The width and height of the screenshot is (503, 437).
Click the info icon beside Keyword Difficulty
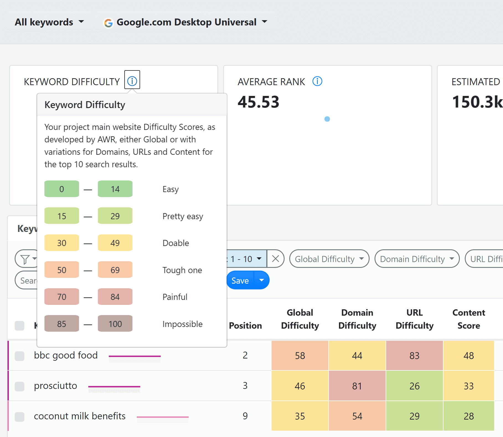coord(132,81)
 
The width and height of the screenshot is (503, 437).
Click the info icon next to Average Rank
coord(317,81)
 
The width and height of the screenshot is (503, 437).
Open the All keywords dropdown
coord(49,22)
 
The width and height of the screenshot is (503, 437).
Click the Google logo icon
coord(108,23)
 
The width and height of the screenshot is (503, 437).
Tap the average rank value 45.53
coord(258,102)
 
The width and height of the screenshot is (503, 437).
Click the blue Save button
coord(240,281)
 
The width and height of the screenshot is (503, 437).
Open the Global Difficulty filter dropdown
coord(329,259)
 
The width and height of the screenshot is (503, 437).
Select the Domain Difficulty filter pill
coord(417,259)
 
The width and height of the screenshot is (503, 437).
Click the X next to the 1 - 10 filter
coord(275,259)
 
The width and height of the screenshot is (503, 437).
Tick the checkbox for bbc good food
coord(19,356)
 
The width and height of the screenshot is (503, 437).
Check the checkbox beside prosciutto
coord(19,386)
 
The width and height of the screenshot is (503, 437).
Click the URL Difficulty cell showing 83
coord(414,355)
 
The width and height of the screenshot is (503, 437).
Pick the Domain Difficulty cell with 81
coord(357,386)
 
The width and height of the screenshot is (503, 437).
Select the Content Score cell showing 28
coord(469,416)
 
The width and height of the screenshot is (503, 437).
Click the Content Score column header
coord(469,319)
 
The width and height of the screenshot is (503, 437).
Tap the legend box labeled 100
coord(115,324)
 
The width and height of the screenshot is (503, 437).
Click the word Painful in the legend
coord(175,297)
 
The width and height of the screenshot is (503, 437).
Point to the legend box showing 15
coord(62,216)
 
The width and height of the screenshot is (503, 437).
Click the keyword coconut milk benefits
coord(80,416)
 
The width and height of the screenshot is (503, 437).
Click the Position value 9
coord(245,416)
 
